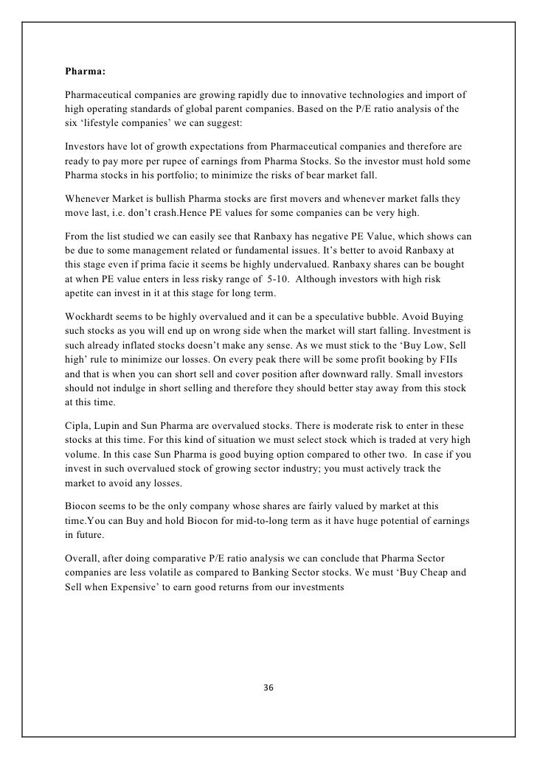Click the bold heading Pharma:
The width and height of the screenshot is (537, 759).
[86, 72]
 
